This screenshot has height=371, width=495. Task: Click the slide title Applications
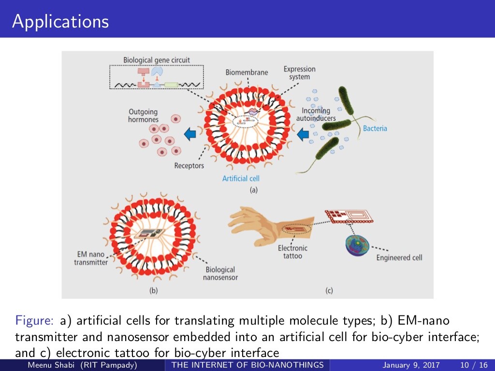coord(60,22)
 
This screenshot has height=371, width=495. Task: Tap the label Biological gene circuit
coord(157,60)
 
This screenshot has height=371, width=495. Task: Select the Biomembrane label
coord(247,72)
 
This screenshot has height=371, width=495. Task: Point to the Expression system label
coord(299,73)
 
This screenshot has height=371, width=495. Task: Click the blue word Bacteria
coord(375,128)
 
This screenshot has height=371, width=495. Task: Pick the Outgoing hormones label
coord(143,115)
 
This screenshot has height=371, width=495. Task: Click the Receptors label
coord(189,166)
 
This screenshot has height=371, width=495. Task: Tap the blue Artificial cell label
coord(241,179)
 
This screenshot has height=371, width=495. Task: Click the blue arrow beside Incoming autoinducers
coord(303,134)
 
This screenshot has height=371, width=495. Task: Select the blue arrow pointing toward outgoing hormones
coord(189,133)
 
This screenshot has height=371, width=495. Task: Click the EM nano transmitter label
coord(91,258)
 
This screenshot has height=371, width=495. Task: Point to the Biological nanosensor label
coord(220,273)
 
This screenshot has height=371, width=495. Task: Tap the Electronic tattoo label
coord(292,252)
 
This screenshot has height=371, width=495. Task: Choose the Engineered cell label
coord(399,258)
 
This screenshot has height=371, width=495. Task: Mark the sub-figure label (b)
coord(153,290)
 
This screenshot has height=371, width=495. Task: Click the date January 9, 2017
coord(411,365)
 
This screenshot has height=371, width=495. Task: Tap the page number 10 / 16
coord(474,365)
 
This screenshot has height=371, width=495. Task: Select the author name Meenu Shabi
coord(51,365)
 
